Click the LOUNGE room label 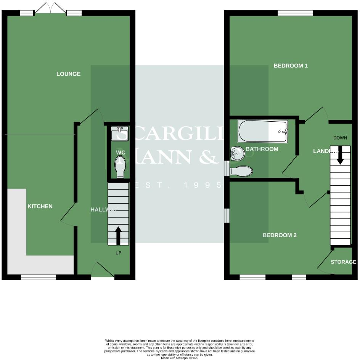coord(68,74)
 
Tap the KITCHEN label coord(40,206)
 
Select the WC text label coord(121,153)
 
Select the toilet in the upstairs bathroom coord(241,171)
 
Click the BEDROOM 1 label coord(291,66)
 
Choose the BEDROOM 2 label coord(280,235)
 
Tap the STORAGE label coord(343,262)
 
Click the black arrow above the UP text coord(118,235)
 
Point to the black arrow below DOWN coord(339,155)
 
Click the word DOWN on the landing coord(340,138)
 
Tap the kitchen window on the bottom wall coord(38,277)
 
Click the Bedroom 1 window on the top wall coord(295,13)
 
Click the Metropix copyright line coord(180,358)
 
